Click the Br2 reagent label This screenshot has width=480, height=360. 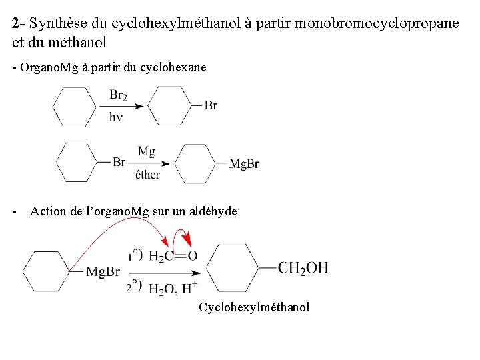[x=118, y=95]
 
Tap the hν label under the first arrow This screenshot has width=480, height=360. [x=116, y=117]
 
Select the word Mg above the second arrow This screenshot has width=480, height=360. [x=147, y=151]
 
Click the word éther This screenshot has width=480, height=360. [x=147, y=175]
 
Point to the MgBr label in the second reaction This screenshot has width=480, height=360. [x=244, y=164]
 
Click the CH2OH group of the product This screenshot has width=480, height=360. [x=303, y=268]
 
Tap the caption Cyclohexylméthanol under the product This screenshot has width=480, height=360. [x=254, y=307]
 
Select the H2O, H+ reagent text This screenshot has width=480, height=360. [x=172, y=289]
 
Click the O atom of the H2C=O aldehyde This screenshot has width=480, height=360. [x=193, y=255]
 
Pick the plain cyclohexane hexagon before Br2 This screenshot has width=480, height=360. [x=74, y=107]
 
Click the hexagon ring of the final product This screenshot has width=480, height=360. [x=233, y=268]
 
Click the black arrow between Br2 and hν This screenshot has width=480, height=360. [x=127, y=106]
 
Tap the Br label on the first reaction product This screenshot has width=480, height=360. [x=211, y=105]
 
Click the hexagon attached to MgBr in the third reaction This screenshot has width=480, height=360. [x=47, y=271]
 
